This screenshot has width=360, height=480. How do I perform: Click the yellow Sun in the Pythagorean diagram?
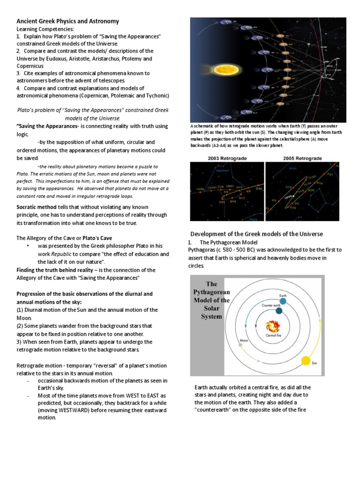click(x=306, y=361)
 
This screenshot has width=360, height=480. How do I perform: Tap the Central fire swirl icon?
click(x=272, y=326)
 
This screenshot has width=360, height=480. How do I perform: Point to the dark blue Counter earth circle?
click(x=279, y=311)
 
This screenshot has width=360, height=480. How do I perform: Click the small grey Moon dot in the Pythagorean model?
click(x=240, y=345)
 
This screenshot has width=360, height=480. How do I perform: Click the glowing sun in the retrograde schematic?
click(x=227, y=70)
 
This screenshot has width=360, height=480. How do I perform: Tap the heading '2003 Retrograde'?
click(x=226, y=158)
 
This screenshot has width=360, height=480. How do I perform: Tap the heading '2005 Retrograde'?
click(x=303, y=158)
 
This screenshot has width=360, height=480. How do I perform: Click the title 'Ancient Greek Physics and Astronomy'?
click(x=68, y=21)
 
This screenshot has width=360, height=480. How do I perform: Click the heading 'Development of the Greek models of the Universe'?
click(x=256, y=234)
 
